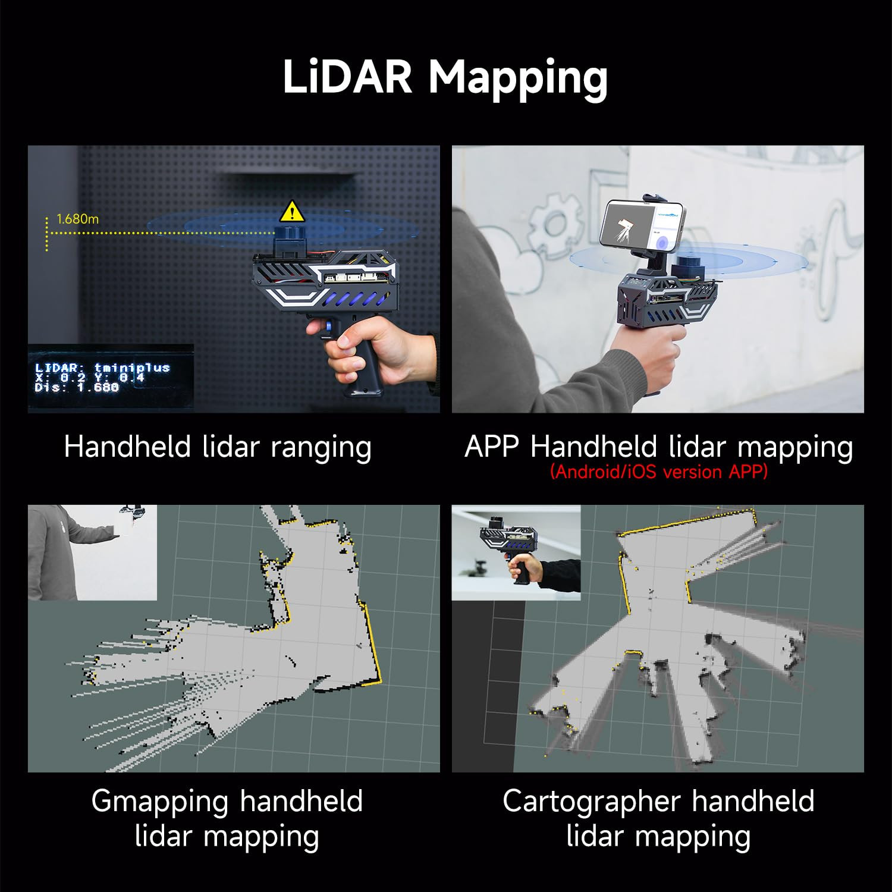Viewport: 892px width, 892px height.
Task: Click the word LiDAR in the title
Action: point(347,77)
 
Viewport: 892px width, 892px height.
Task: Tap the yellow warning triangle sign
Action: point(291,211)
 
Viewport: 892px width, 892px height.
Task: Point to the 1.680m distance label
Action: point(77,219)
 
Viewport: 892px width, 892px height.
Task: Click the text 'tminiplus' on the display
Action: point(132,368)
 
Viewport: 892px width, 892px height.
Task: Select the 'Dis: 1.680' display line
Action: point(77,387)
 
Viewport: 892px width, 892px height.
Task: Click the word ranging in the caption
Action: point(321,447)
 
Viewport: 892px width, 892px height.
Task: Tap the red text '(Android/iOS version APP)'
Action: point(658,472)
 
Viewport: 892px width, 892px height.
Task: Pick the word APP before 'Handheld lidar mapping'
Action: point(491,447)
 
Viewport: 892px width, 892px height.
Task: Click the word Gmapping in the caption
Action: point(160,801)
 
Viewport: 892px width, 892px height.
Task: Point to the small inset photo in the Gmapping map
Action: point(92,552)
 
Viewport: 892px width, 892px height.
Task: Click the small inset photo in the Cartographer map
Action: point(516,552)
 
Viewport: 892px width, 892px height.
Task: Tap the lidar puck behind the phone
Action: point(687,265)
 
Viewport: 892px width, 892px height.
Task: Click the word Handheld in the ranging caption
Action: point(127,447)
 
